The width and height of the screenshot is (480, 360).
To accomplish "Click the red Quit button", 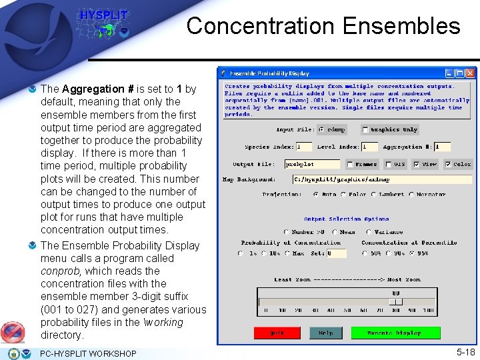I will [276, 333].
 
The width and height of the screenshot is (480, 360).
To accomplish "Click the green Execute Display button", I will [395, 333].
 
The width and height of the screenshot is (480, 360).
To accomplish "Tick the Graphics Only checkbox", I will [365, 129].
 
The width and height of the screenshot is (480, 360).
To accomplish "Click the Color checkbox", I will [448, 164].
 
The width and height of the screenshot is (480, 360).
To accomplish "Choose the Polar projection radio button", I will [343, 195].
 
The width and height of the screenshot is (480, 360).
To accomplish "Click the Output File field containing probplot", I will [312, 164].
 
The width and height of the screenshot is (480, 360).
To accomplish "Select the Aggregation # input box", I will [443, 147].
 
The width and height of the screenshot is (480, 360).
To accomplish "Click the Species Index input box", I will [304, 147].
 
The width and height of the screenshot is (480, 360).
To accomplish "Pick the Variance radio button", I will [370, 233].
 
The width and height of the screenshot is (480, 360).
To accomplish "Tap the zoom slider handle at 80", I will [395, 301].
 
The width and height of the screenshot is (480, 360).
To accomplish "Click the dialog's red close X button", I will [470, 73].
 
